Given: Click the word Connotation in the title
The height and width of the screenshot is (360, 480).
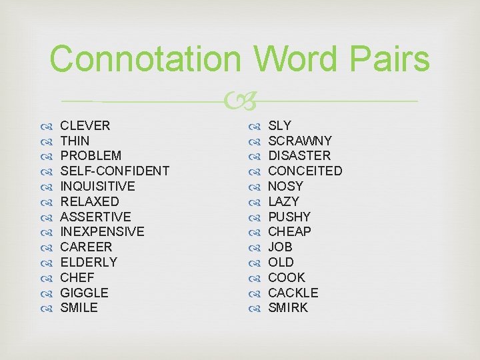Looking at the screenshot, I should (144, 59).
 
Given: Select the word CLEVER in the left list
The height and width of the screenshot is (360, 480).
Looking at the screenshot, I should (85, 125).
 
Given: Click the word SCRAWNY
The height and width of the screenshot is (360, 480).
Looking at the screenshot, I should (299, 141).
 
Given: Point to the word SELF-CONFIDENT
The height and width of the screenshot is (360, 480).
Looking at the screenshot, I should (115, 171).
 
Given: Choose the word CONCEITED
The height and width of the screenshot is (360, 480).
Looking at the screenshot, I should (305, 171).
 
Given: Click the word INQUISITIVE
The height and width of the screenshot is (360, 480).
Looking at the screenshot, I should (97, 186).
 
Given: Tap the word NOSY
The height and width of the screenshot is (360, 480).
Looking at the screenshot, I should (285, 186).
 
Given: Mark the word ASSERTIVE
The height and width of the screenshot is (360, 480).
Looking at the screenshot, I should (95, 217).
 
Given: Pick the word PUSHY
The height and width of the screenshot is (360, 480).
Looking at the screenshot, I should (289, 217).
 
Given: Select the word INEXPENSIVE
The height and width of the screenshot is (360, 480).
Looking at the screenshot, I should (102, 231).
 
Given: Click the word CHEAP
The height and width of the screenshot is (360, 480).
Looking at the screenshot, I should (289, 231).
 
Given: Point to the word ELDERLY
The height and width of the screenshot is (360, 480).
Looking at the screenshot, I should (89, 262).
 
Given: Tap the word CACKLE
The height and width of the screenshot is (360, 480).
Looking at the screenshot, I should (293, 293).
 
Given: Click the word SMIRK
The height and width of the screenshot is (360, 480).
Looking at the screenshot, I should (288, 307).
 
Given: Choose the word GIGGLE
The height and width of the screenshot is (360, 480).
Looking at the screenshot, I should (84, 293).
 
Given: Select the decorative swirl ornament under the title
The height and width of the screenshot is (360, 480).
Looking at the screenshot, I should (239, 101).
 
